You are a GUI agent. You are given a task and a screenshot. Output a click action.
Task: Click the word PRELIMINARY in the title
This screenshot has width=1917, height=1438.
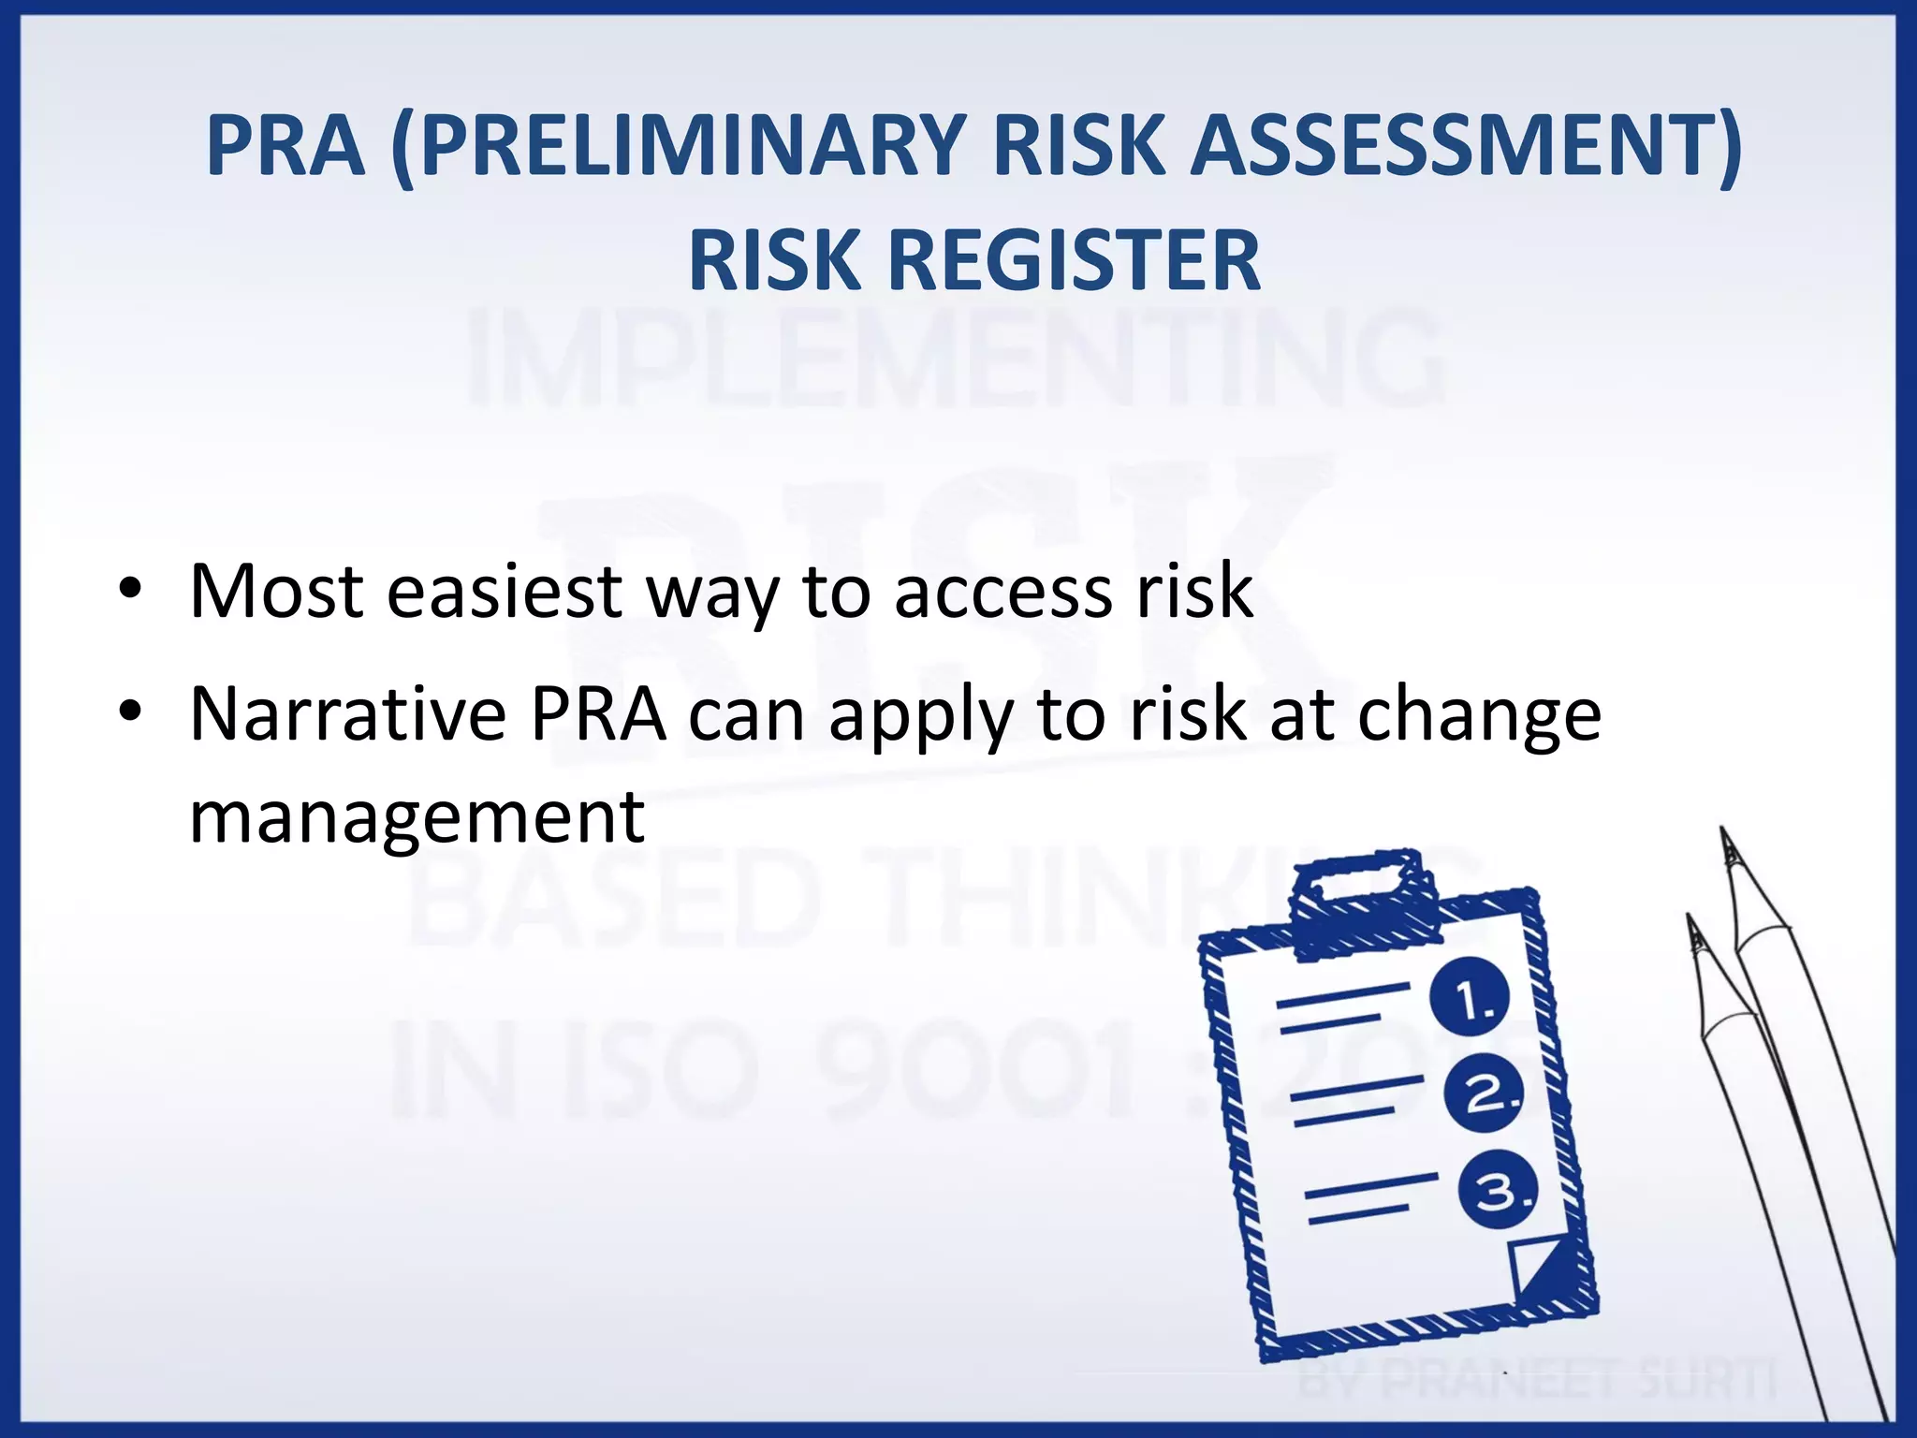[x=691, y=146]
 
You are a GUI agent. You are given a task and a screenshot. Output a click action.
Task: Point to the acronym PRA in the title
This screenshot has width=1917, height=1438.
[x=285, y=146]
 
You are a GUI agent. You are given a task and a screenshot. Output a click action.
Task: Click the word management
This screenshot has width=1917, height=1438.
[x=417, y=816]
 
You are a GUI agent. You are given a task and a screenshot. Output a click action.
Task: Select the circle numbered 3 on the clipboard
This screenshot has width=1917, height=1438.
[x=1498, y=1192]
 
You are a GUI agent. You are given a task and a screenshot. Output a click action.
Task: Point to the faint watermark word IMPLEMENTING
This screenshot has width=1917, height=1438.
[x=955, y=360]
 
